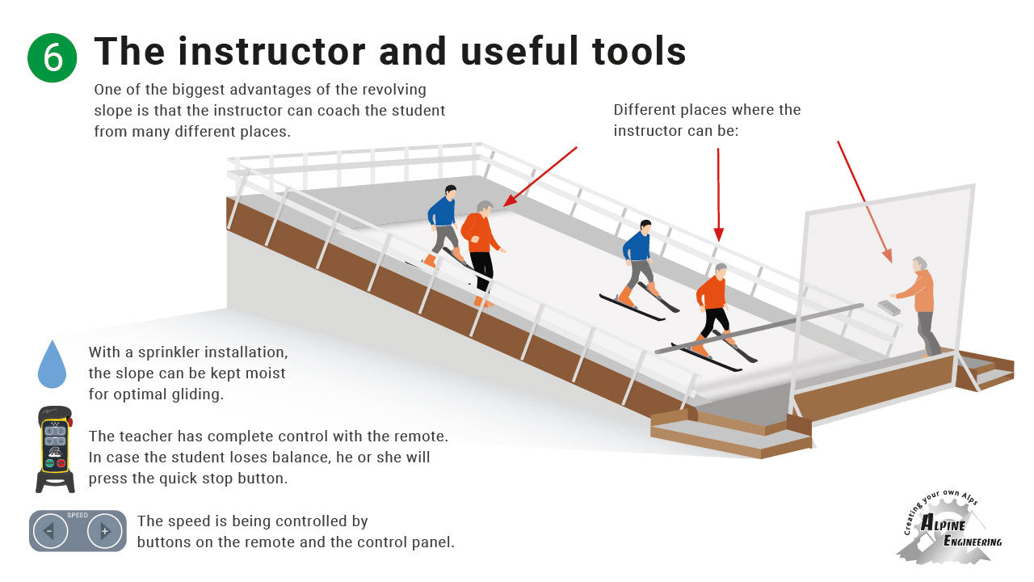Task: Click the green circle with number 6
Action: pos(53,57)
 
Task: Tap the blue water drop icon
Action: pos(52,365)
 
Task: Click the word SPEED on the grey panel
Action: pos(78,515)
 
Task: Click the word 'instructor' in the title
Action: pos(272,51)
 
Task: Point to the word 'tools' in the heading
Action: pos(639,51)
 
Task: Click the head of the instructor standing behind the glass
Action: pos(918,264)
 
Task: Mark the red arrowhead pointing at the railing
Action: pos(718,234)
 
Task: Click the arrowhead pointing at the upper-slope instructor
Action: pos(509,201)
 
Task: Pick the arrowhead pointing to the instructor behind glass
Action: pos(888,256)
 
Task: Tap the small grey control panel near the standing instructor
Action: pos(889,307)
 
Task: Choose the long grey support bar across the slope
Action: pos(759,329)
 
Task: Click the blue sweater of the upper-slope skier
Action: pos(442,212)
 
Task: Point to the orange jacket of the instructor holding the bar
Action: pos(712,293)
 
